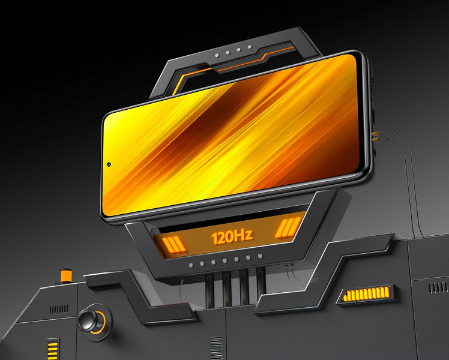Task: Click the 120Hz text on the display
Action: coord(232,236)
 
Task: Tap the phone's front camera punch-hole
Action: coord(109,164)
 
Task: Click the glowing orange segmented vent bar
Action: coord(367,294)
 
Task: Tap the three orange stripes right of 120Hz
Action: coord(288,227)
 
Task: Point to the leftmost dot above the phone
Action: coord(217,55)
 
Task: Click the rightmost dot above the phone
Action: coord(250,47)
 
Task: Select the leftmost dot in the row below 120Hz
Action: coord(191,265)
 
